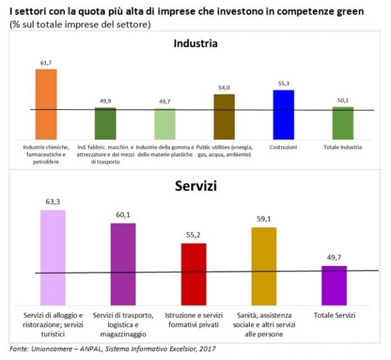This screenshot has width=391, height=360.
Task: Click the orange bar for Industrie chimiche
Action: (x=46, y=104)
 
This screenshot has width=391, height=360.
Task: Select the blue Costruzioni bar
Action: (x=283, y=115)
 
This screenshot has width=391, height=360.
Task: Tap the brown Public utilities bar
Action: (x=224, y=117)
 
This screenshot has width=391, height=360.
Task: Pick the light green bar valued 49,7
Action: (x=165, y=124)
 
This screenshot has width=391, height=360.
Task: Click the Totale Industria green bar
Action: (x=343, y=123)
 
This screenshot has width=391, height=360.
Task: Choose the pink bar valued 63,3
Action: (x=53, y=256)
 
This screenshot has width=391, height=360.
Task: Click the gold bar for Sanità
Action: (x=264, y=265)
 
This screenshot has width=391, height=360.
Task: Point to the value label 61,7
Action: (x=46, y=63)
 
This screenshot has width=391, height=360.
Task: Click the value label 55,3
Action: (x=283, y=84)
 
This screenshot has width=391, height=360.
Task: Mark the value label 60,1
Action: (x=123, y=216)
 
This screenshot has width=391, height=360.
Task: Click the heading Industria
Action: (x=195, y=43)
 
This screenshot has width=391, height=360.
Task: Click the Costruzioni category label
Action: (x=283, y=147)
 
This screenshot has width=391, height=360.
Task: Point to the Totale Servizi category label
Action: (x=334, y=315)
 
